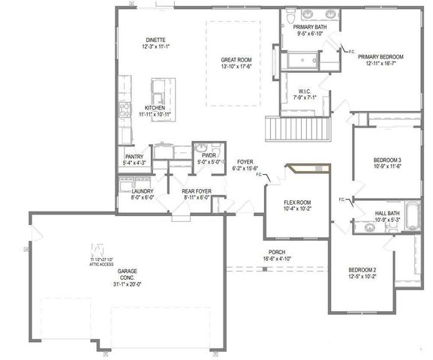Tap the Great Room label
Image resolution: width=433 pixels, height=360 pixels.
(x=235, y=63)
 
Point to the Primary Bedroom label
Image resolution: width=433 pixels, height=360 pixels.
(x=380, y=60)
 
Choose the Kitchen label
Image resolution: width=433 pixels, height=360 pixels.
(x=155, y=112)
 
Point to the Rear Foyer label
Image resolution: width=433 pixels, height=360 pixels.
(x=197, y=195)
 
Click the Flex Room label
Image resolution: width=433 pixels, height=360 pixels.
(x=296, y=205)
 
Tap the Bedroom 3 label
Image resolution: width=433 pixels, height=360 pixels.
(x=387, y=163)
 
